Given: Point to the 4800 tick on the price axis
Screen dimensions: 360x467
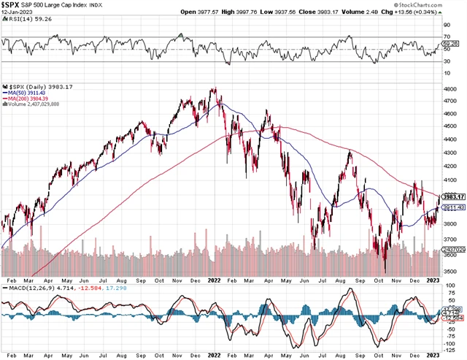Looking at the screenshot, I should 451,88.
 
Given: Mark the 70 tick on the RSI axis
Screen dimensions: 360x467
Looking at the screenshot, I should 447,37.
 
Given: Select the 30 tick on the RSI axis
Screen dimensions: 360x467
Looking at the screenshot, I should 447,61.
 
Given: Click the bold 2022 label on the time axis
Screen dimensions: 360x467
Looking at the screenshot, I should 215,280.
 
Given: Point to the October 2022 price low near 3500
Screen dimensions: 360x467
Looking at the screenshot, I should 385,272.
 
